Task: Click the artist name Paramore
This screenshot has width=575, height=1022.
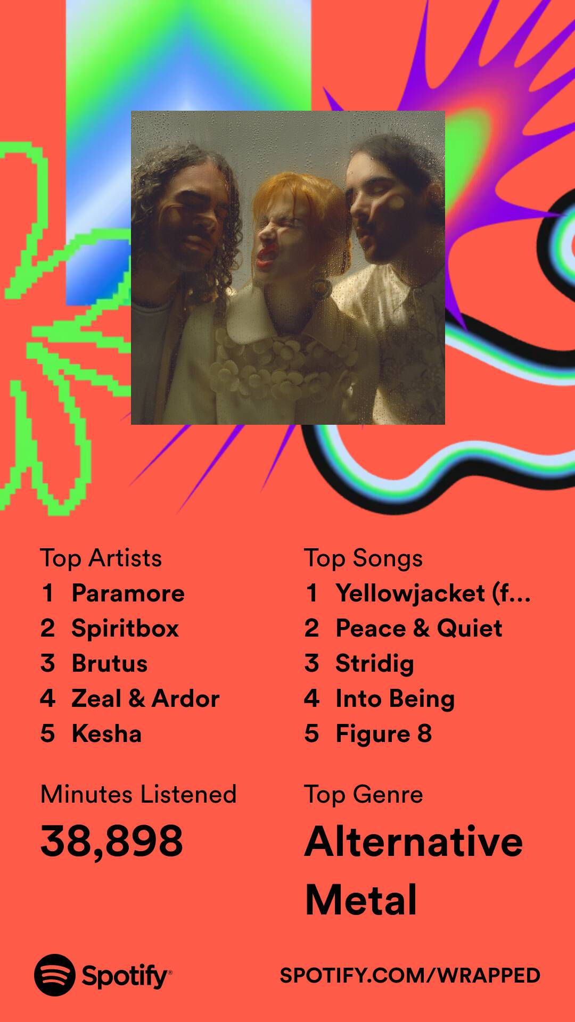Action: tap(128, 593)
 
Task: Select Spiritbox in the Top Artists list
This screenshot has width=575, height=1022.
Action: tap(125, 629)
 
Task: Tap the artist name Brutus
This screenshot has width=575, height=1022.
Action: tap(110, 663)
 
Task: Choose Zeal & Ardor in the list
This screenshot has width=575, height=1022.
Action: tap(145, 698)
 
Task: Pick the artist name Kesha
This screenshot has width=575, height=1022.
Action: tap(106, 733)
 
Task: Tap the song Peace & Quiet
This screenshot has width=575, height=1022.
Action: tap(419, 628)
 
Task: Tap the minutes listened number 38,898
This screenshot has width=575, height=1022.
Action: tap(112, 842)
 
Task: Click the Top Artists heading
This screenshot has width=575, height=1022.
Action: tap(101, 558)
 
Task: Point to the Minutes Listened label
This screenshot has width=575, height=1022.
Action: tap(138, 794)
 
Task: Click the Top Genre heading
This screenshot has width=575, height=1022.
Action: tap(364, 795)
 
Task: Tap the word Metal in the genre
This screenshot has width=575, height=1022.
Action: tap(361, 900)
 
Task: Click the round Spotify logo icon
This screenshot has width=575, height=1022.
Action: tap(55, 975)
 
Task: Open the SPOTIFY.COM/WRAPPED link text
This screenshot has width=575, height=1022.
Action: tap(410, 975)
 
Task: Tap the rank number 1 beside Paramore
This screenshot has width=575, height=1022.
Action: tap(48, 593)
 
